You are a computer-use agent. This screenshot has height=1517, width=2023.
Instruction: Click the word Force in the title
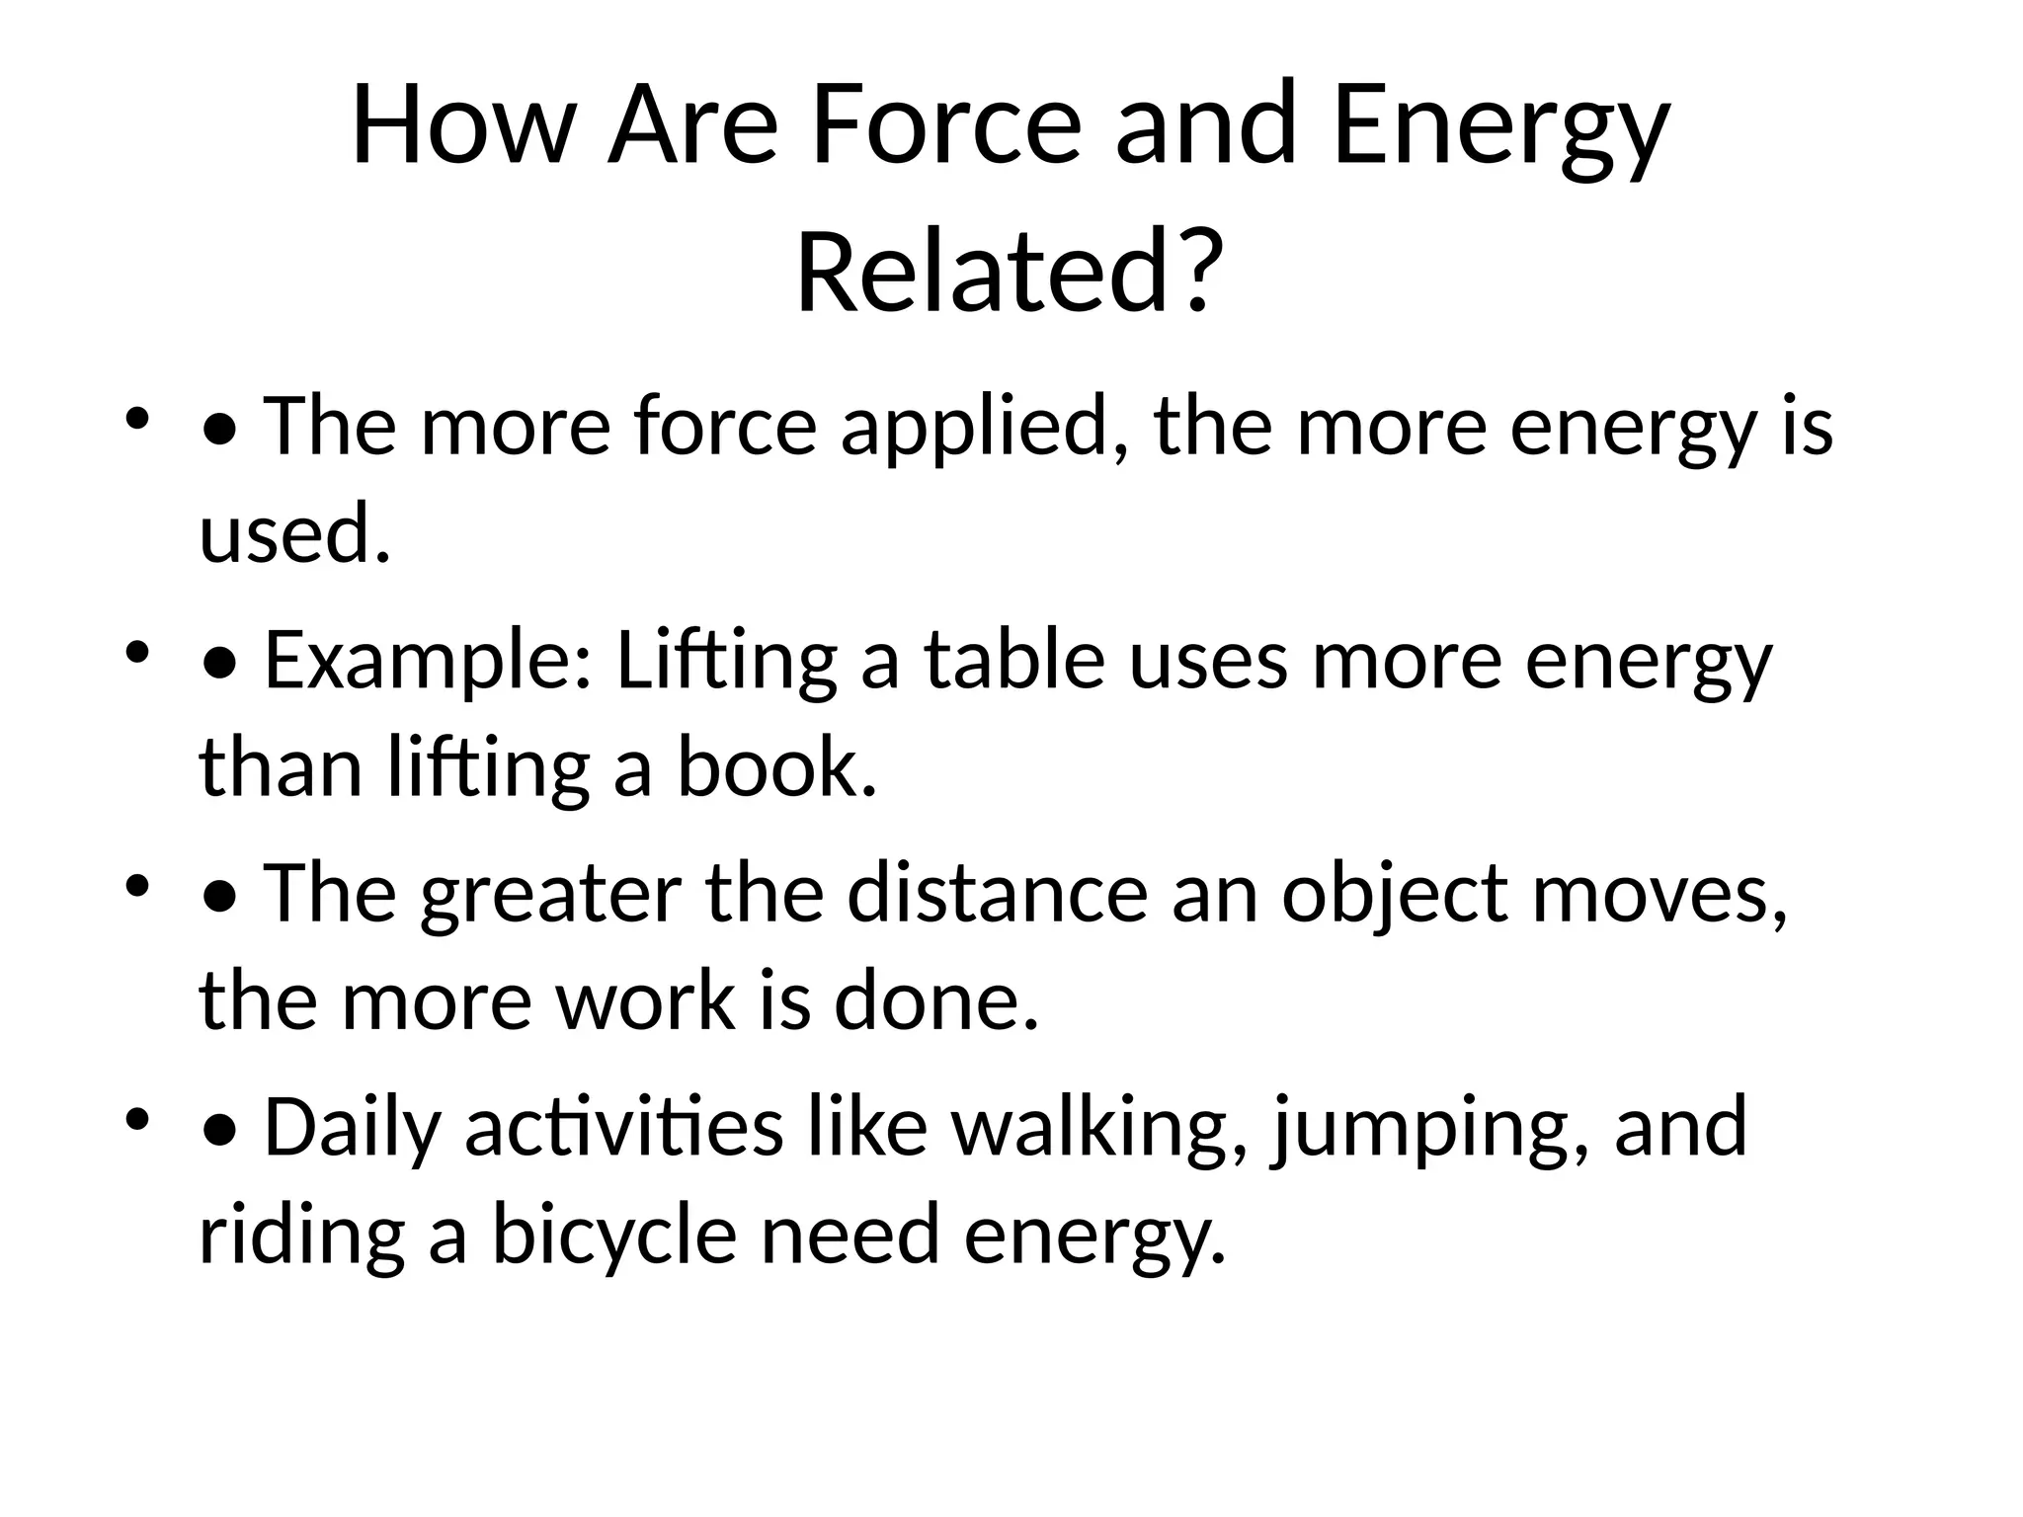(946, 125)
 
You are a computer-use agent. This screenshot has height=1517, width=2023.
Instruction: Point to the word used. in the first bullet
(294, 534)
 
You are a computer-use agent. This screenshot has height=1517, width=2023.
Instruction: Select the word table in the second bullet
(1014, 662)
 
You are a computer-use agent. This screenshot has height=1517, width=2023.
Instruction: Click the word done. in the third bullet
(936, 1001)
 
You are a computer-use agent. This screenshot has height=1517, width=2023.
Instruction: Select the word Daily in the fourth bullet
(352, 1128)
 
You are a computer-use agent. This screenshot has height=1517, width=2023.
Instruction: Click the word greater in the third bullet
(550, 895)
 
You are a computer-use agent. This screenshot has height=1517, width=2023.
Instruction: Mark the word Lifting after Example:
(726, 662)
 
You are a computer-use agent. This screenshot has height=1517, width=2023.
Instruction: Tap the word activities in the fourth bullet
(624, 1128)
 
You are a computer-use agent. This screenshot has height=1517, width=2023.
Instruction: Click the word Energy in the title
(1500, 125)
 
